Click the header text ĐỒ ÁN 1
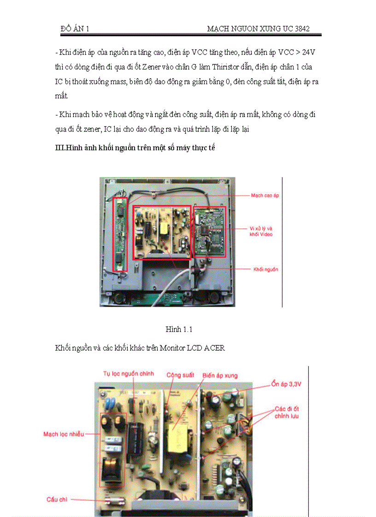tap(75, 29)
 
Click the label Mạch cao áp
tap(265, 195)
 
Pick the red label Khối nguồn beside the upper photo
tap(266, 269)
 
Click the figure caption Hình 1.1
tap(179, 329)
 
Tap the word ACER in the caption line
tap(215, 348)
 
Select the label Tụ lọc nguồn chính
tap(129, 373)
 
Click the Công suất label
tap(180, 375)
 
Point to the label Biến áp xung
tap(220, 376)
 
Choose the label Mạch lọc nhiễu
tap(64, 434)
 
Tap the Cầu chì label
tap(58, 499)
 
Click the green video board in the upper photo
tap(209, 230)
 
